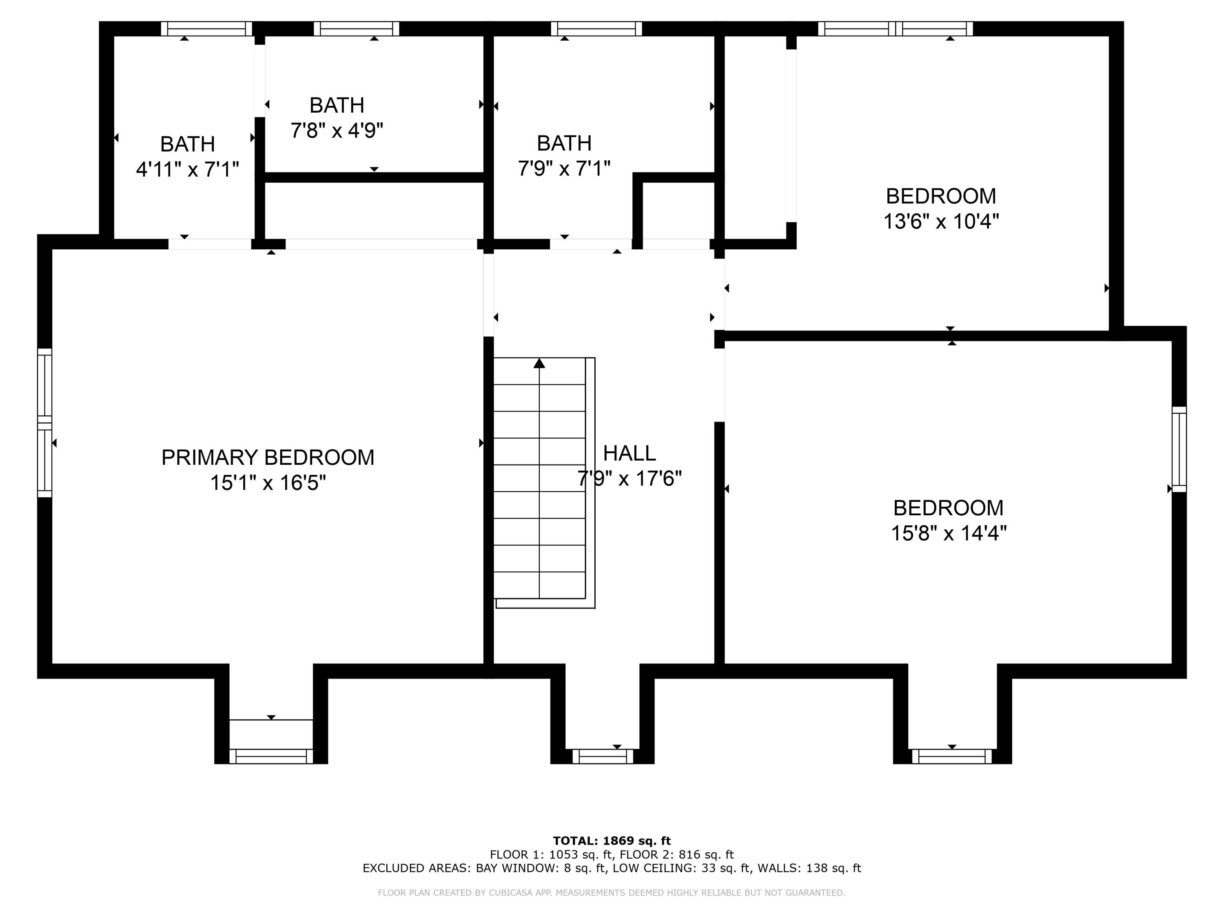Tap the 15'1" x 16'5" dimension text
(x=268, y=483)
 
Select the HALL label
(x=629, y=453)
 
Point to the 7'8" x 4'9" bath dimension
(x=337, y=131)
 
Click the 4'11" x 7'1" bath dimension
(x=188, y=169)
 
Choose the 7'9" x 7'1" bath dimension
(x=564, y=168)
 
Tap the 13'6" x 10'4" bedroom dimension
(x=941, y=221)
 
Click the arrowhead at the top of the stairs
(x=539, y=363)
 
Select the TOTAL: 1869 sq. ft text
(x=612, y=841)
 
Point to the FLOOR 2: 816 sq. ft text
(x=677, y=854)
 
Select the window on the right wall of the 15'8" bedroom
(x=1179, y=449)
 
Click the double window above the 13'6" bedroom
(x=895, y=29)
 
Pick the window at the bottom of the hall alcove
(x=603, y=756)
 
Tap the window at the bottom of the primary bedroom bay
(x=271, y=756)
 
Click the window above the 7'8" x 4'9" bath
(x=356, y=29)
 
